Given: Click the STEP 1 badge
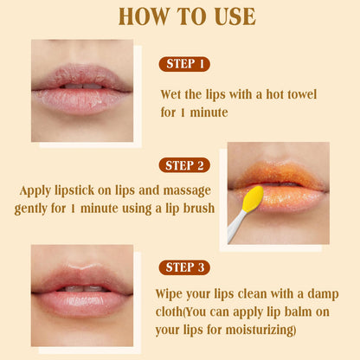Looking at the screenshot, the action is [x=184, y=64].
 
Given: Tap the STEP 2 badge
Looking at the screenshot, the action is [x=184, y=165].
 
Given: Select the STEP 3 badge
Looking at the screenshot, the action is [x=184, y=267].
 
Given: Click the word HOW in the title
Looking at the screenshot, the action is [x=144, y=16].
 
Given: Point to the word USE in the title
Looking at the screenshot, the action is [x=235, y=16].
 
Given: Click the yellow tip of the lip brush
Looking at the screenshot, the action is [x=253, y=198].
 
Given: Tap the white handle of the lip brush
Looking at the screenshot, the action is [x=236, y=227].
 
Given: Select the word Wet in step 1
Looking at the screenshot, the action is [x=170, y=94].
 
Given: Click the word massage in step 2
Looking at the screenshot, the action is [x=187, y=191].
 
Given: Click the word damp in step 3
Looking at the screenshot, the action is [x=323, y=295].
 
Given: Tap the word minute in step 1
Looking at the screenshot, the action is [x=209, y=112].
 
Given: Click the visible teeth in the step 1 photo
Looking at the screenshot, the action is [x=82, y=87].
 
